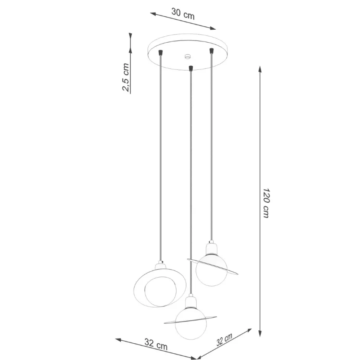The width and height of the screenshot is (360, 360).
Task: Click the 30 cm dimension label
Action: pos(183,13)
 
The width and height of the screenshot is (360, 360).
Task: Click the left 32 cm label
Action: pos(156,344)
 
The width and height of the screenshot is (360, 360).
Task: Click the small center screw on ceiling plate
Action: pos(188,56)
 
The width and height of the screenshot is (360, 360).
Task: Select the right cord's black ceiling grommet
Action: pos(212,50)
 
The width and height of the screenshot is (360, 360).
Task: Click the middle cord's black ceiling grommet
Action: pos(190,68)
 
